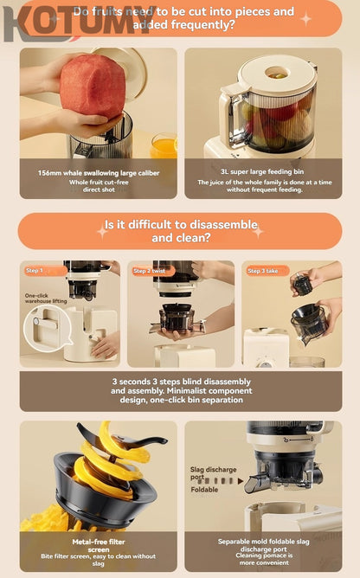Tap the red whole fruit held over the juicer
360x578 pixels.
pyautogui.click(x=92, y=87)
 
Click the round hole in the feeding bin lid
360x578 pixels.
pyautogui.click(x=277, y=73)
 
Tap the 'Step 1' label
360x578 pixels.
pyautogui.click(x=35, y=271)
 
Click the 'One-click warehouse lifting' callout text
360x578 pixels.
pyautogui.click(x=45, y=299)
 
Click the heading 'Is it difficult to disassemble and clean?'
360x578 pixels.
pyautogui.click(x=181, y=231)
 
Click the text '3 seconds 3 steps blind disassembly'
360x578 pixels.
pyautogui.click(x=181, y=381)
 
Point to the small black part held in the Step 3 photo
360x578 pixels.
pyautogui.click(x=302, y=284)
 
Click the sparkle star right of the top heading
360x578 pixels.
pyautogui.click(x=305, y=17)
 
